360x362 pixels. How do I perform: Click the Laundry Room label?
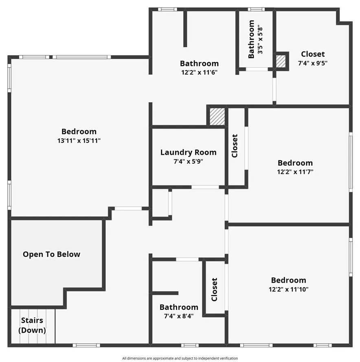tap(188, 152)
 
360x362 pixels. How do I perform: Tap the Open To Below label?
tap(51, 254)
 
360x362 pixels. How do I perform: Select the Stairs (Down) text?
tap(32, 325)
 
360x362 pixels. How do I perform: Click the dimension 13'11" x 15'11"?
tap(79, 140)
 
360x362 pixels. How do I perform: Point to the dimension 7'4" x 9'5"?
tap(313, 63)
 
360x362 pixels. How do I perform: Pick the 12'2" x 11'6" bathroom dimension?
tap(199, 72)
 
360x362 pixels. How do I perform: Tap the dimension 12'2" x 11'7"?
tap(295, 172)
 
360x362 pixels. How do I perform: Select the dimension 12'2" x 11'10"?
tap(288, 290)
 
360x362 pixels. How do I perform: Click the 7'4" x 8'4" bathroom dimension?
tap(179, 316)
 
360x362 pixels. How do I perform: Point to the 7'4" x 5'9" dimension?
tap(188, 161)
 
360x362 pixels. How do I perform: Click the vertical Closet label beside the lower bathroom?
tap(214, 290)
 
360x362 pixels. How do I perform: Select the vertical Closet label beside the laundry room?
tap(235, 146)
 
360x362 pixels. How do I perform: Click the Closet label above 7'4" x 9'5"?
tap(313, 54)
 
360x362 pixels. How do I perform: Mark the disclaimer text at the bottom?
tap(180, 358)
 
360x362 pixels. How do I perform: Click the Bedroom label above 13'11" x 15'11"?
tap(79, 131)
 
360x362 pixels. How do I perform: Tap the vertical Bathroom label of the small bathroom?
tap(251, 39)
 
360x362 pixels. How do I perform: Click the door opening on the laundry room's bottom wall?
tap(205, 187)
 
